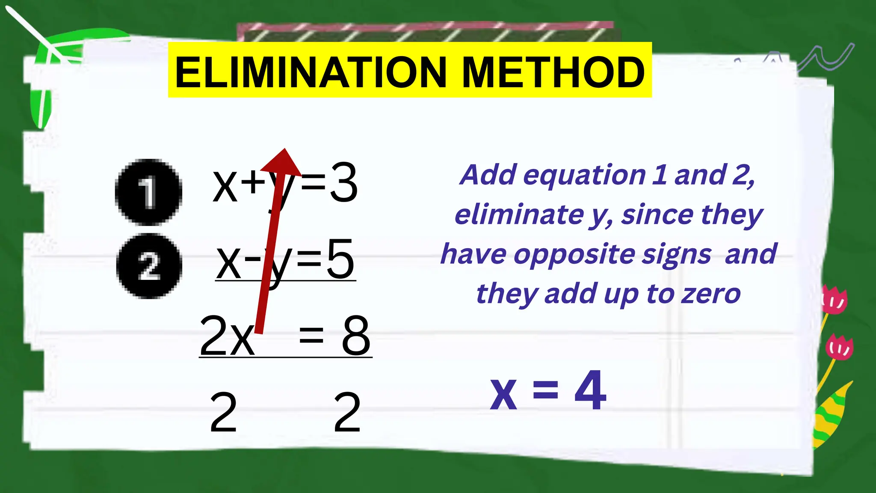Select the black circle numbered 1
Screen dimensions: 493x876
[x=148, y=192]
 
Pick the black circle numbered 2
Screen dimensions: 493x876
[x=149, y=266]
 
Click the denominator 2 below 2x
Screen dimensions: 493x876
[x=223, y=412]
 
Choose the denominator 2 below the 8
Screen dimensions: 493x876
[x=347, y=412]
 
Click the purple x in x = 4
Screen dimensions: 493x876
[x=503, y=394]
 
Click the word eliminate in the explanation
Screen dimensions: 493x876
[x=519, y=215]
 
